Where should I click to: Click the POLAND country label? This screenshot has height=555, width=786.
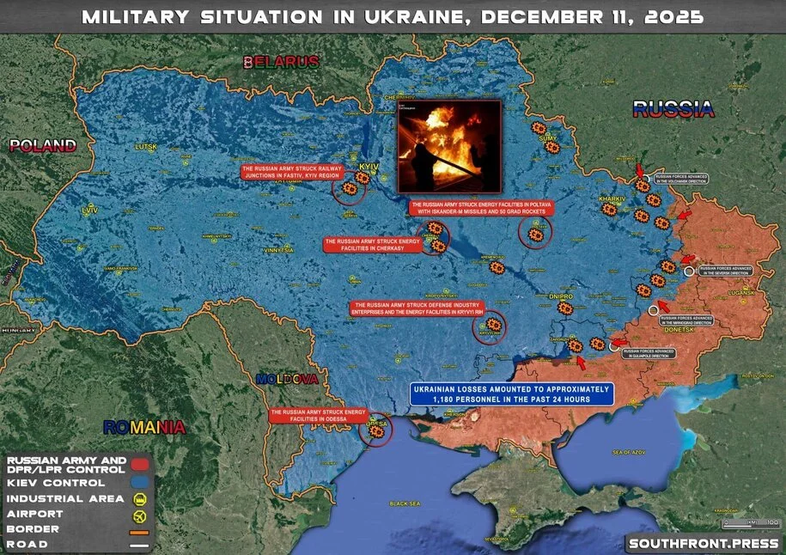point(43,145)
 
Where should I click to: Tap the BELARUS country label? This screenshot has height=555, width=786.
point(281,62)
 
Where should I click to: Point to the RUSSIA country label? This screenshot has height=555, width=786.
point(673,109)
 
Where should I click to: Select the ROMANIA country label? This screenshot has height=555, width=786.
point(143,427)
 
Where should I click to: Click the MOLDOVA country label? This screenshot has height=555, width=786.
point(287,379)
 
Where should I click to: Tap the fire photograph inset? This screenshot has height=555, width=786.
point(448,146)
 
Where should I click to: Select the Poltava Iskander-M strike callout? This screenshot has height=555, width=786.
point(480,208)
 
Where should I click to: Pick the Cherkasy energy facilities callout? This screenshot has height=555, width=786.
point(371,245)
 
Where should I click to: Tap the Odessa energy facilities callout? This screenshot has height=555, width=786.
point(318,415)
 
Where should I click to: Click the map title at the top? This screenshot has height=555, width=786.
point(393,16)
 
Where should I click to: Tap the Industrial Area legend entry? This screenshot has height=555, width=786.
point(69,498)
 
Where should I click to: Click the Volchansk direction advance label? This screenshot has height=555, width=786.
point(684,180)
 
